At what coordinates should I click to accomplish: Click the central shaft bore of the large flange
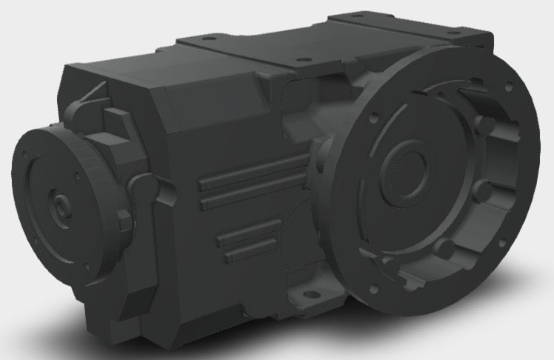click(407, 171)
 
